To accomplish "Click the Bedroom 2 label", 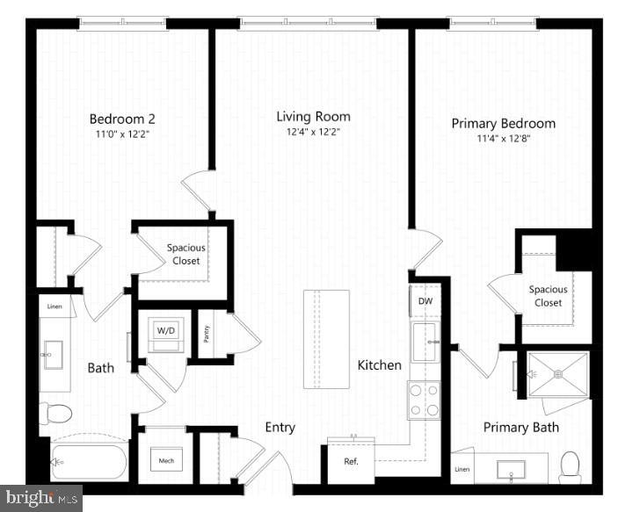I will coord(123,118).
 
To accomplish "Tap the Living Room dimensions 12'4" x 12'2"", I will coord(313,132).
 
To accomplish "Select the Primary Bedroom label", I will coord(503,124).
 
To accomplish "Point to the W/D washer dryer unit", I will coord(165,332).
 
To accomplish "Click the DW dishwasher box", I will coord(425,301).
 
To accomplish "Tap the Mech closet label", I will coord(165,461).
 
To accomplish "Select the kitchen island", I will coord(326,339).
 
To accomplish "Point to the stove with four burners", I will coord(425,400).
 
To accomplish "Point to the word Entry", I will coord(280,428).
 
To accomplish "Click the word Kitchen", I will coord(379,364).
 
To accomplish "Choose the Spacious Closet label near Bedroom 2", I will coord(185,255).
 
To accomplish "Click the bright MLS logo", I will coord(40,498).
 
